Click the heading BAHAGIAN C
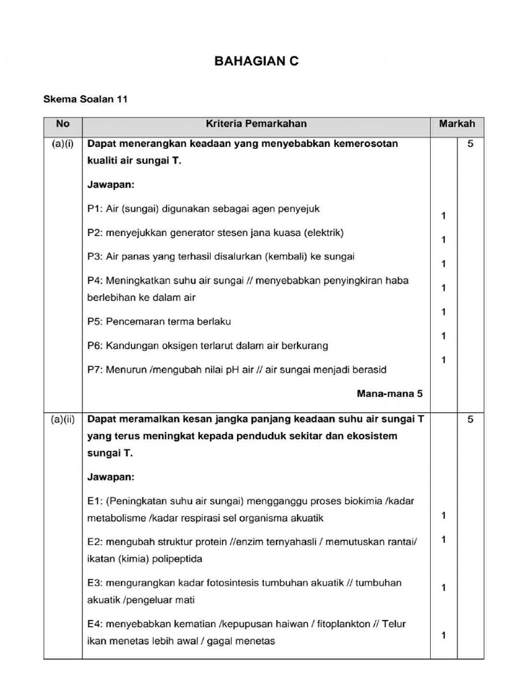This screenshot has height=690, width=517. pyautogui.click(x=256, y=61)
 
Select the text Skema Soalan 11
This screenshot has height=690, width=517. pyautogui.click(x=85, y=98)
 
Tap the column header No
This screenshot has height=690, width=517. pyautogui.click(x=63, y=124)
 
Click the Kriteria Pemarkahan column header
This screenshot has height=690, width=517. pyautogui.click(x=256, y=124)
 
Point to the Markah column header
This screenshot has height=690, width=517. pyautogui.click(x=457, y=124)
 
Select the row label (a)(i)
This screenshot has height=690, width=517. pyautogui.click(x=63, y=144)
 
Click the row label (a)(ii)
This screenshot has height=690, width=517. pyautogui.click(x=63, y=418)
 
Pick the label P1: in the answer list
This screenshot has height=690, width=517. pyautogui.click(x=96, y=209)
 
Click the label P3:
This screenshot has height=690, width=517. pyautogui.click(x=96, y=257)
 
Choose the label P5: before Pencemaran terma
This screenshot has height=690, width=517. pyautogui.click(x=96, y=321)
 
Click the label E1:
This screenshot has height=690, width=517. pyautogui.click(x=96, y=501)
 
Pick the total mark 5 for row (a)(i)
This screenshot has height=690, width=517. pyautogui.click(x=471, y=144)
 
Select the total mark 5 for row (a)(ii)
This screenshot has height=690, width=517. pyautogui.click(x=471, y=418)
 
